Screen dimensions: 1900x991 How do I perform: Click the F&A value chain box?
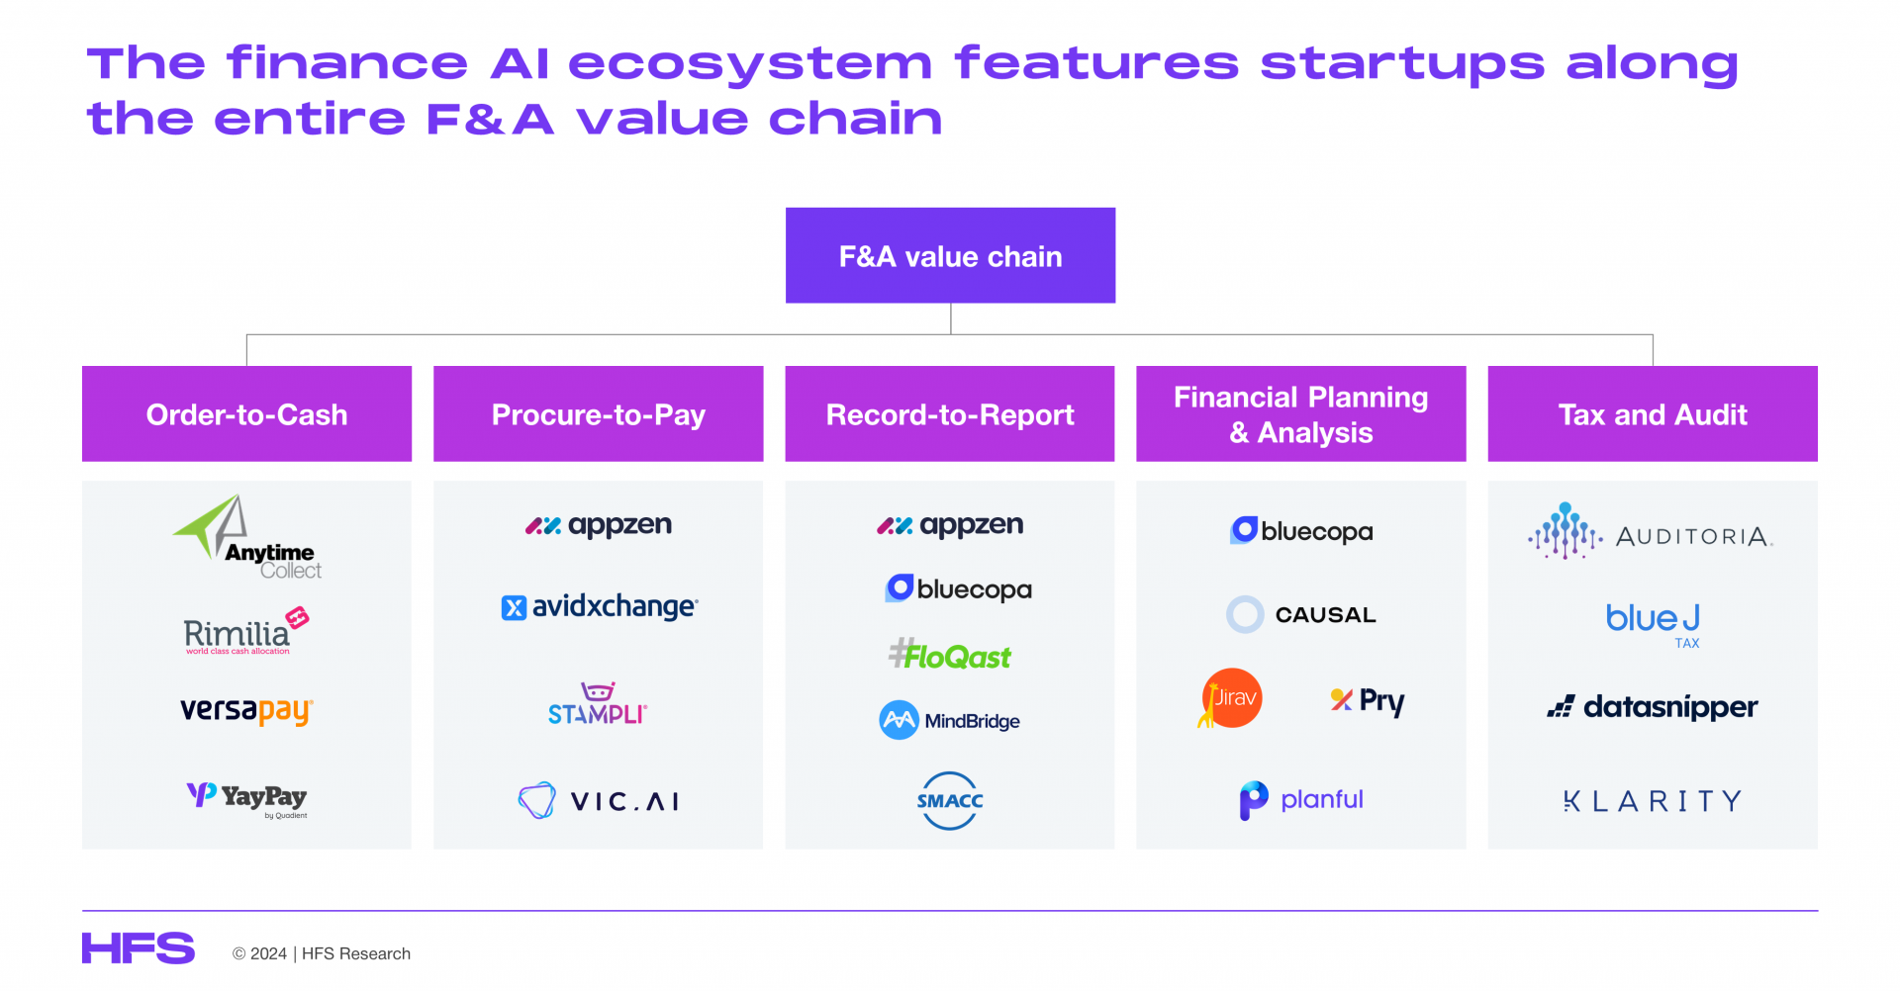[x=950, y=255]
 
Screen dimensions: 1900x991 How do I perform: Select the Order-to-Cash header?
[x=246, y=413]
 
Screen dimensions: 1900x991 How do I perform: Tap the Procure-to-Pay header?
[x=598, y=413]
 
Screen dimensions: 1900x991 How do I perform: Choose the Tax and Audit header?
[x=1653, y=413]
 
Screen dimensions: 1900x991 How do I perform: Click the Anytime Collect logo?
[x=247, y=537]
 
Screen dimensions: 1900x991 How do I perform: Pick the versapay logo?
[x=246, y=711]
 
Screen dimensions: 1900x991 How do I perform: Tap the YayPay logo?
[x=246, y=799]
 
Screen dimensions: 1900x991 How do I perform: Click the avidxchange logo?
[x=599, y=606]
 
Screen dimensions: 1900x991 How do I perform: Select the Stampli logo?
[x=598, y=703]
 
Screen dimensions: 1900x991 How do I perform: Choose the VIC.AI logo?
[x=599, y=800]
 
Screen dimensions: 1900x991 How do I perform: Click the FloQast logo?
[x=950, y=655]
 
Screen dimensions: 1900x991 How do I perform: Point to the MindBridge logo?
[x=949, y=720]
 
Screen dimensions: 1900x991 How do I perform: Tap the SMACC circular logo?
[x=950, y=800]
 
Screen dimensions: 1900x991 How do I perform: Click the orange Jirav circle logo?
[x=1230, y=698]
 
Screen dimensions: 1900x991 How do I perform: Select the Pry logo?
[x=1368, y=701]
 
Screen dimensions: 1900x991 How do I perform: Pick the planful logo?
[x=1301, y=800]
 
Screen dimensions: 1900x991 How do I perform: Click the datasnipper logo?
[x=1653, y=707]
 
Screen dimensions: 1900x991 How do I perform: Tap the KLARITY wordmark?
[x=1653, y=800]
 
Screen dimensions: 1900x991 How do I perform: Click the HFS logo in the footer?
[x=139, y=948]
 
